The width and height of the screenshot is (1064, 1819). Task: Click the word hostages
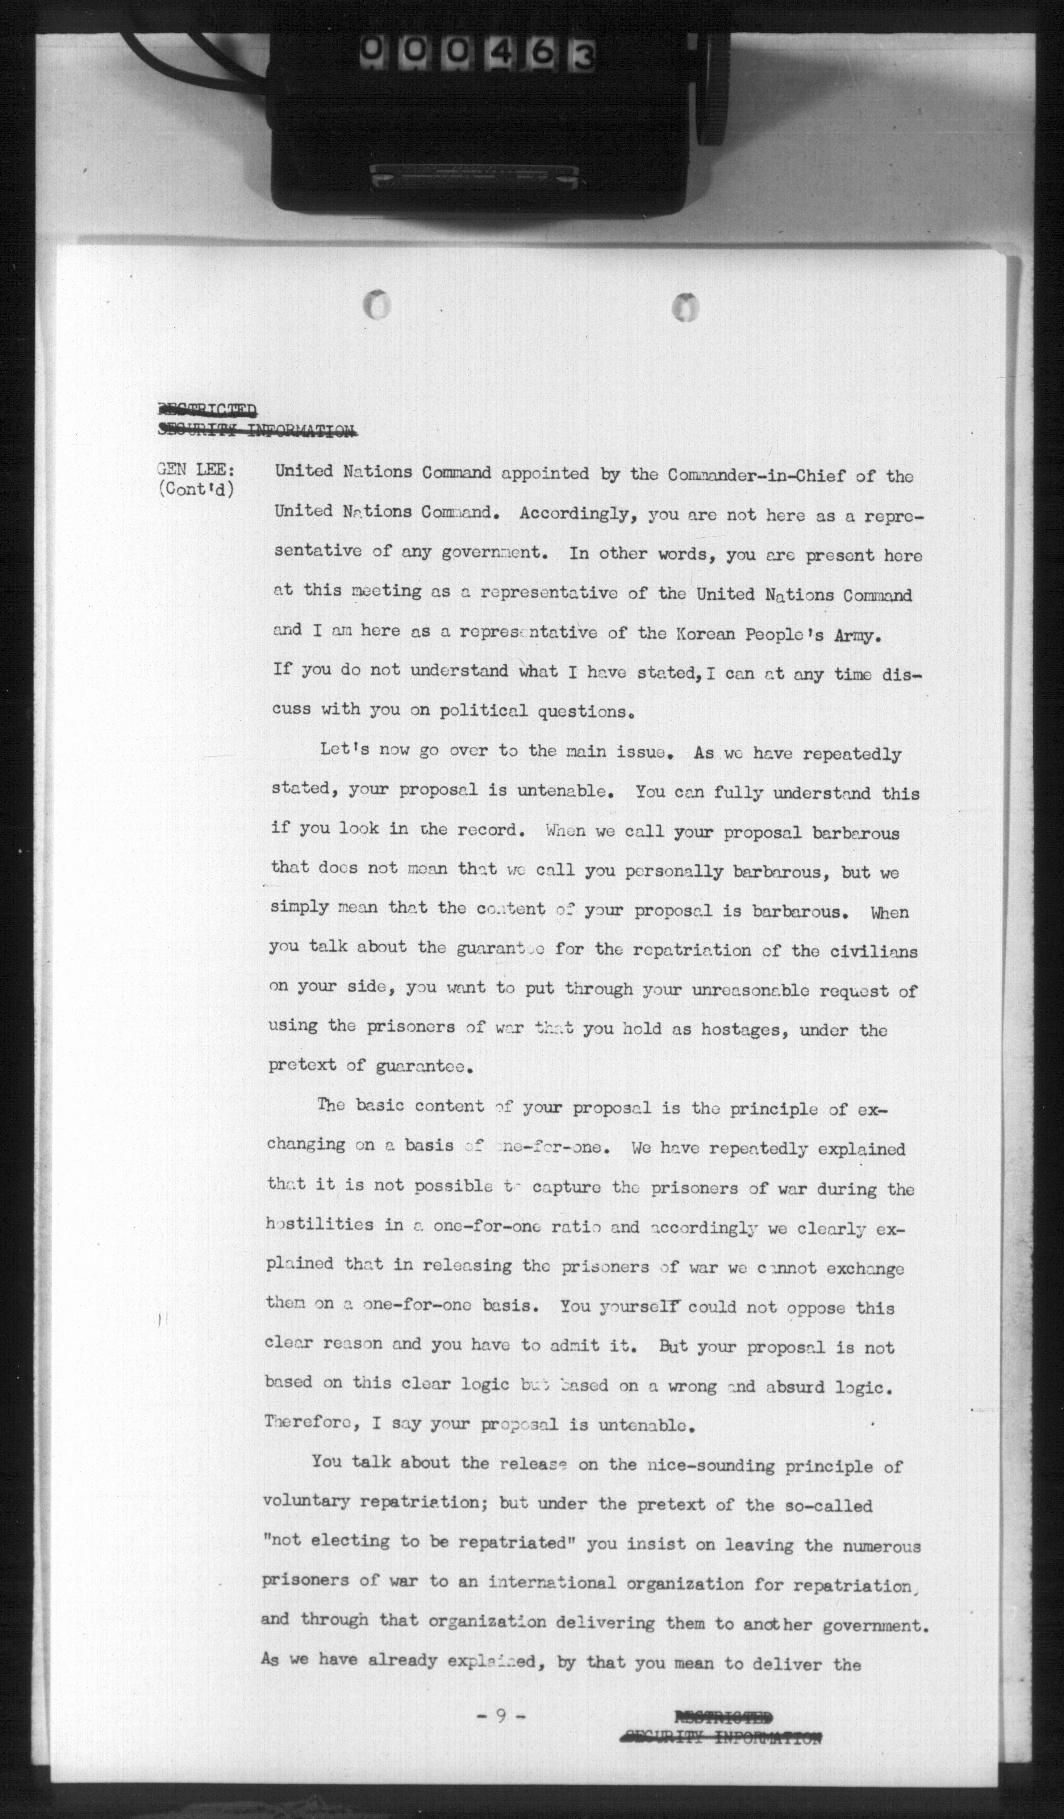coord(749,1029)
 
